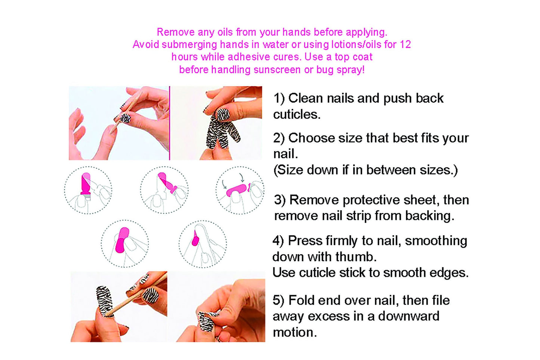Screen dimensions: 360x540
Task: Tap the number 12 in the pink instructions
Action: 405,44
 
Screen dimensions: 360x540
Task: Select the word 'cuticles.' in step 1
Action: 297,114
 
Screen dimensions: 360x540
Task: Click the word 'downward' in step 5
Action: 408,316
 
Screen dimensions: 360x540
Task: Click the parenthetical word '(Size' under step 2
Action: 288,170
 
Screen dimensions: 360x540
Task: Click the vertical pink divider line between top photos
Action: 169,123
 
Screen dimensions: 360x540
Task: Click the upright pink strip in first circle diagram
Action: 86,183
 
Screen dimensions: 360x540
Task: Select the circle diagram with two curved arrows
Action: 240,190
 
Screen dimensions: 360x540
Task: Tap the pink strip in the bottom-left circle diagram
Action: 122,240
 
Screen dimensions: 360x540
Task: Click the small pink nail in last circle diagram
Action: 195,239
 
